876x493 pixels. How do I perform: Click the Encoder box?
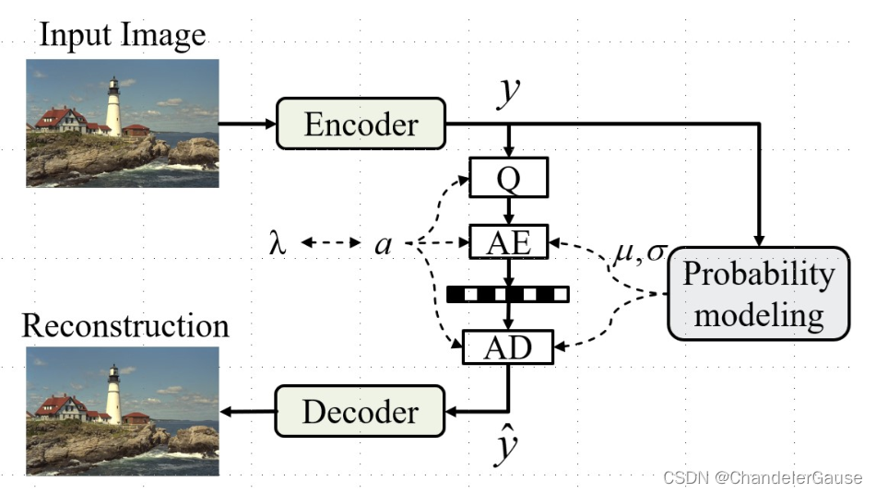click(x=361, y=123)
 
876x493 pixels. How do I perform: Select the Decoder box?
click(x=361, y=410)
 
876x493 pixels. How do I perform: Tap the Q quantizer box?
click(x=508, y=177)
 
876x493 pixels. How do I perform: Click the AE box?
click(x=508, y=243)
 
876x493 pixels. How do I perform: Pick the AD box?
click(x=508, y=346)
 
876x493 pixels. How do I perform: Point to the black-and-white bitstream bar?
click(x=508, y=295)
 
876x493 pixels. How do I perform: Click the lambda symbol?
click(x=277, y=244)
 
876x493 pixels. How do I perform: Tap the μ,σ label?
click(x=639, y=249)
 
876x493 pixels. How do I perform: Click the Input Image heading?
click(x=122, y=36)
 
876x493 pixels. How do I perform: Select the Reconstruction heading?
click(x=125, y=326)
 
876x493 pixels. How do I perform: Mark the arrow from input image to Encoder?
click(x=247, y=123)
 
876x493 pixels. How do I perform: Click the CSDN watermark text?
click(x=762, y=477)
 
